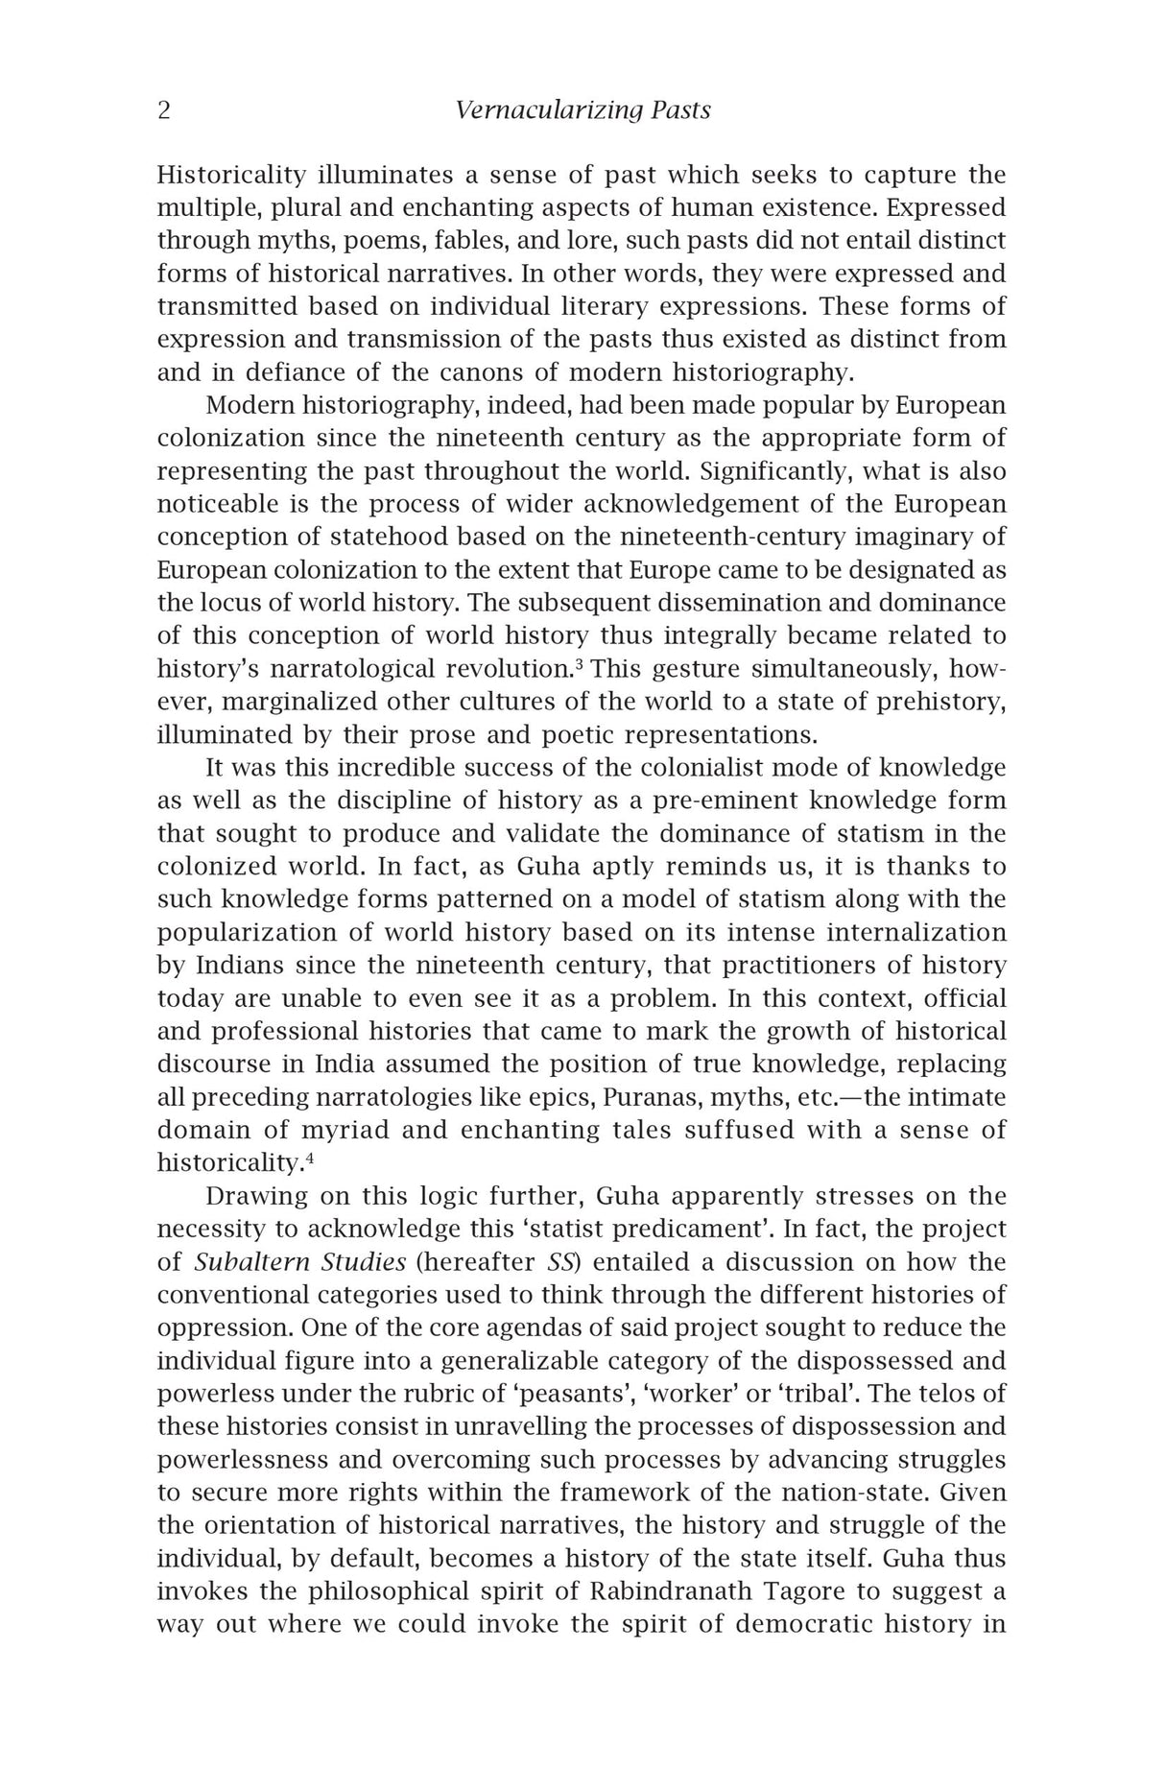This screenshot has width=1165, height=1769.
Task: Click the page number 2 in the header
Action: point(164,111)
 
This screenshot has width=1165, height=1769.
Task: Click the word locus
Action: point(225,603)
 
